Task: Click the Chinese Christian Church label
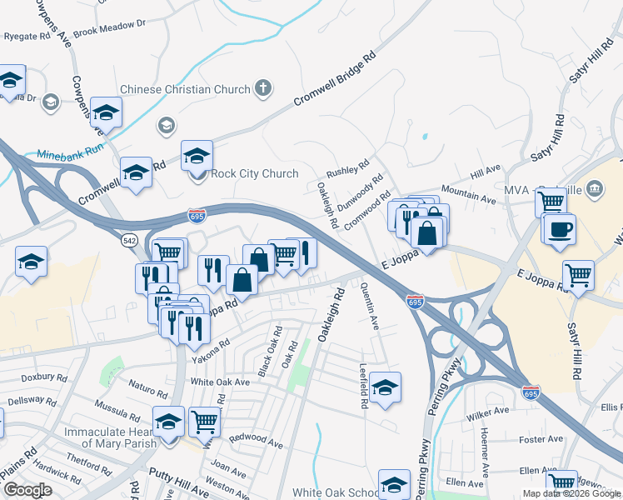(x=185, y=89)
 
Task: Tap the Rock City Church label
(x=254, y=173)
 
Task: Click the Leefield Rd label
(x=363, y=385)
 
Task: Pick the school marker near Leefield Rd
(x=385, y=387)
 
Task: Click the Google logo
(x=27, y=490)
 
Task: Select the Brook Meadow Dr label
(x=109, y=32)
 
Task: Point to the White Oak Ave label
(x=220, y=382)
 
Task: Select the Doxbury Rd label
(x=44, y=377)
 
